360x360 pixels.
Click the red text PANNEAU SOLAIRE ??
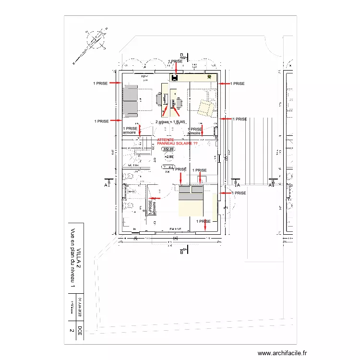pos(178,143)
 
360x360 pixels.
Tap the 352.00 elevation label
pos(168,149)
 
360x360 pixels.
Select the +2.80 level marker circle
pos(168,156)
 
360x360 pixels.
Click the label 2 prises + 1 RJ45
pos(170,122)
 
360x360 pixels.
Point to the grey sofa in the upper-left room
pos(131,101)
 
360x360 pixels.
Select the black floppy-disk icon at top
pos(175,77)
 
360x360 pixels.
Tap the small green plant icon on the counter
pos(209,76)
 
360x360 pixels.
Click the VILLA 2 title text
pos(78,262)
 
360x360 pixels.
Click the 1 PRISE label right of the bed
pos(239,193)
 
